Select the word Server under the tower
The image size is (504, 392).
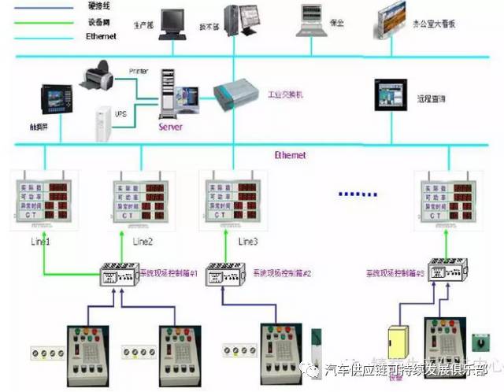tap(171, 126)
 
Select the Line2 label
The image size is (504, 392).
tap(143, 241)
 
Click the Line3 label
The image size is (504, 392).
tap(247, 241)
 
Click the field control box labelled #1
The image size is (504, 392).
tap(117, 276)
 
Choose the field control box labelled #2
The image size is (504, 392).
tap(224, 276)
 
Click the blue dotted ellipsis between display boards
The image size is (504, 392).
tap(358, 194)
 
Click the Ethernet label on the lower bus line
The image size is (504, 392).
tap(290, 155)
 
